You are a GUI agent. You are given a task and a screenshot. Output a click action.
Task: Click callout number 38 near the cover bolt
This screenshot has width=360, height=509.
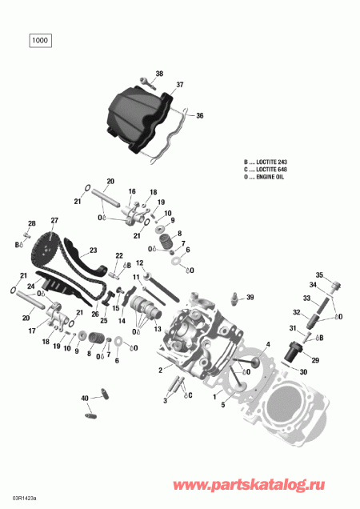click(x=158, y=74)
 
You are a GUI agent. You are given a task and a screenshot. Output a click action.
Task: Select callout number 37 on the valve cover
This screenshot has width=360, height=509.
click(x=180, y=84)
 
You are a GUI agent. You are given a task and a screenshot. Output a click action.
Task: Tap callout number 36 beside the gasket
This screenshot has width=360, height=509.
click(x=199, y=115)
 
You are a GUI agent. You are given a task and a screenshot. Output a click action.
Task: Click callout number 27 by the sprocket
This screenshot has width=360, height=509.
click(x=54, y=220)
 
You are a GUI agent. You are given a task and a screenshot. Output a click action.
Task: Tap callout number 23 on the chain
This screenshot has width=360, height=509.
click(x=93, y=249)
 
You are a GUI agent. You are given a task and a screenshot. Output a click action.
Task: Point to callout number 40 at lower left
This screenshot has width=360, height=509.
click(x=85, y=398)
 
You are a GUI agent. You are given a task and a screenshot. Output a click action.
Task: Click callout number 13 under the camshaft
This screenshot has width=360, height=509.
click(x=158, y=330)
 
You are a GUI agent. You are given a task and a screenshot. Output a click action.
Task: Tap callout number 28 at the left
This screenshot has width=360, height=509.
click(x=32, y=223)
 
